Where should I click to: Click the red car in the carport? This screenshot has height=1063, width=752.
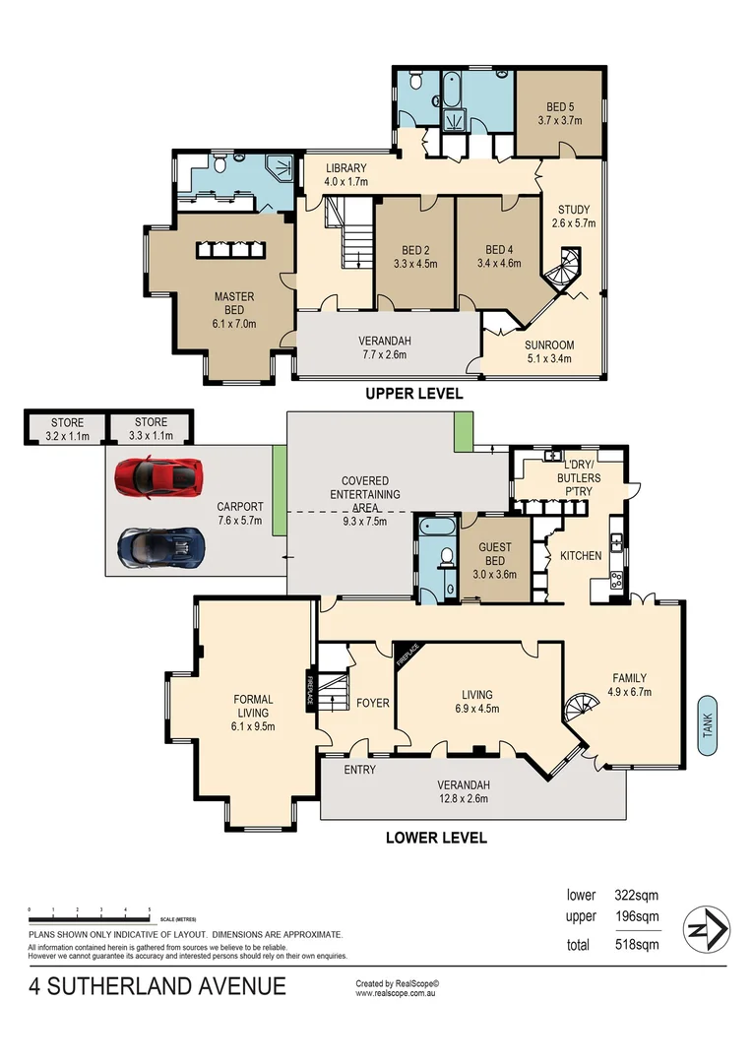(x=158, y=476)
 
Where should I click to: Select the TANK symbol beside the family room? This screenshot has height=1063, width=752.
(x=707, y=725)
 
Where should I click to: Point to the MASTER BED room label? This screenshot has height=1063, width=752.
(x=234, y=304)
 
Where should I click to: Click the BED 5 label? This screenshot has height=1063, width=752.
(x=559, y=113)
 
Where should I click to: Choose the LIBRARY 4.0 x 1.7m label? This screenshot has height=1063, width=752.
(x=346, y=174)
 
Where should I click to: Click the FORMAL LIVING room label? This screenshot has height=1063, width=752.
(x=254, y=713)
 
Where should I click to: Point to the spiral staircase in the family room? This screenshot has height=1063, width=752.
(x=581, y=708)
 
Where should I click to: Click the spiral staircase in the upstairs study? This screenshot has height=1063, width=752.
(x=566, y=269)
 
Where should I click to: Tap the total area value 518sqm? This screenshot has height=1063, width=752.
(x=636, y=945)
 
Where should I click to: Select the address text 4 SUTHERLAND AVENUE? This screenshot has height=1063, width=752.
(x=157, y=986)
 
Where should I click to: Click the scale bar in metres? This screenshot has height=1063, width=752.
(x=89, y=912)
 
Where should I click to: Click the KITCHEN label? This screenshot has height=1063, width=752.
(x=581, y=556)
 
